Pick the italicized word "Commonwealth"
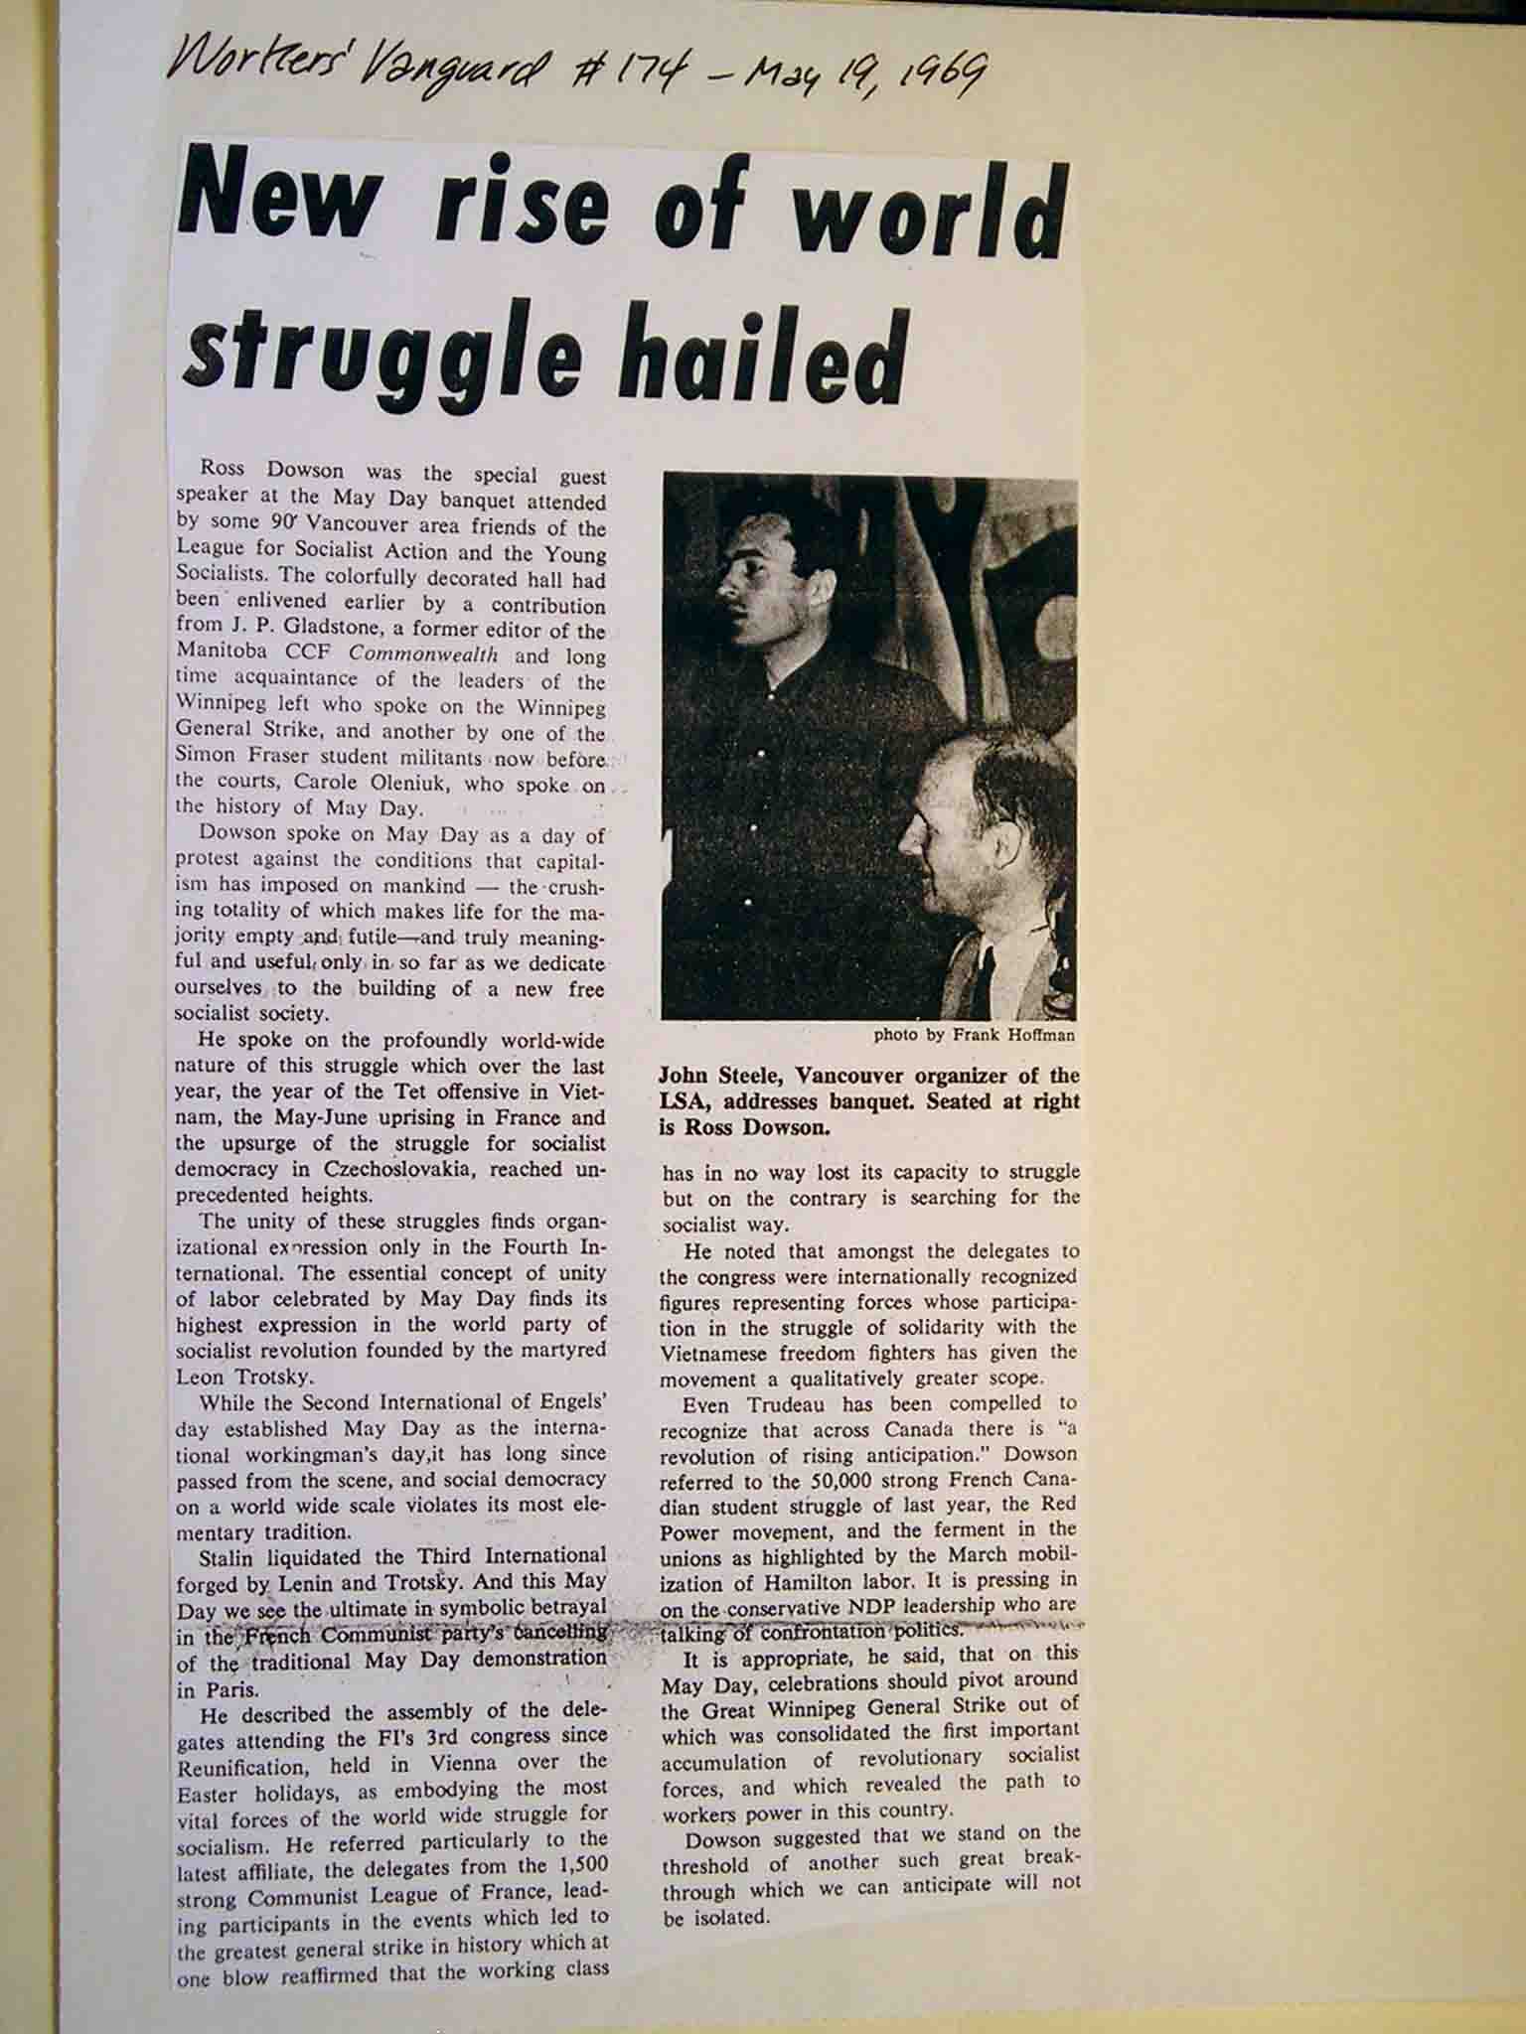[434, 655]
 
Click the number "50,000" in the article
[814, 1480]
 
